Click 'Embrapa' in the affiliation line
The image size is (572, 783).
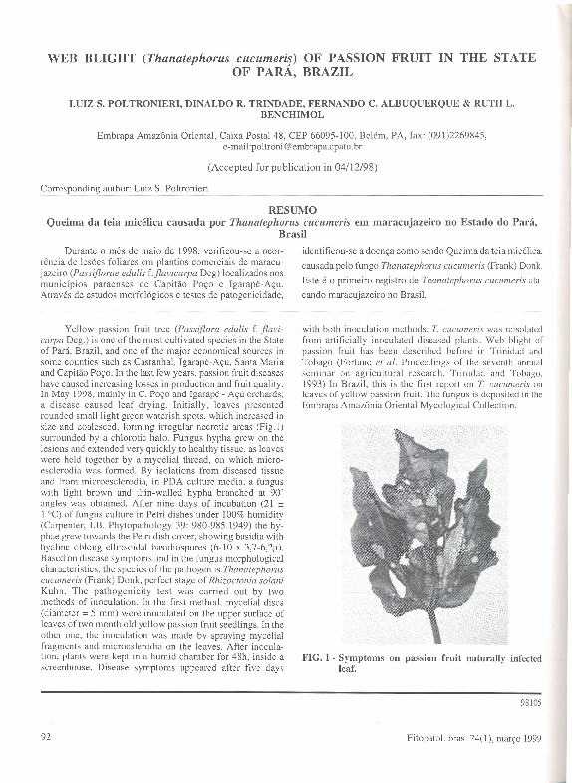(x=119, y=136)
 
